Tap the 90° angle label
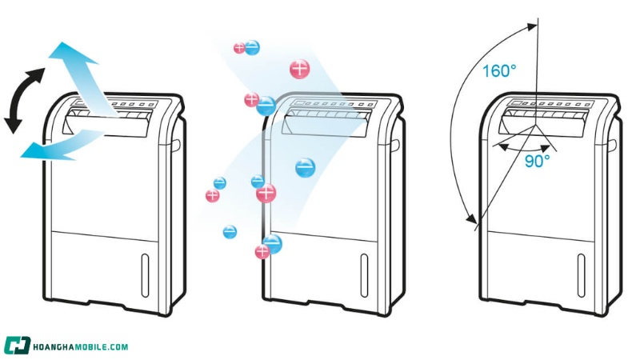tap(537, 161)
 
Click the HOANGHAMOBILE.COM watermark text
tap(80, 346)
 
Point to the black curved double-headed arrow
tap(22, 100)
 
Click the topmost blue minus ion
tap(252, 47)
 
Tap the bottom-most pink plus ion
tap(262, 252)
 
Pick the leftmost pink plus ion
tap(212, 195)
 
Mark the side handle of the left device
tap(175, 146)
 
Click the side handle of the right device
tap(612, 146)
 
